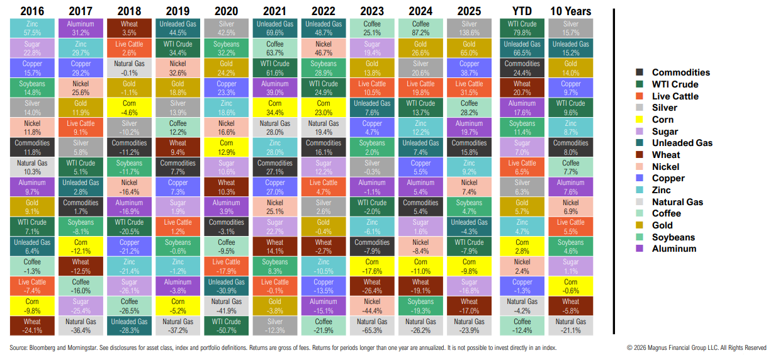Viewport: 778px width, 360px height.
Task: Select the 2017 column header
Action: click(x=81, y=11)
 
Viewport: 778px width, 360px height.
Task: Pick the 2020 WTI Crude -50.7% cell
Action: click(x=226, y=325)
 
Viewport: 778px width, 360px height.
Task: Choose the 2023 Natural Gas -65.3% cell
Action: click(x=372, y=325)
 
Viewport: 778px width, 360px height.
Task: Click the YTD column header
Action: click(x=522, y=11)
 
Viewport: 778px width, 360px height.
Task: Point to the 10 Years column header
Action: click(x=570, y=11)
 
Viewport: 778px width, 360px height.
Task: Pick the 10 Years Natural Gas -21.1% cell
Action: click(x=570, y=325)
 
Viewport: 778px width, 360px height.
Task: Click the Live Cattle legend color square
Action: click(x=640, y=96)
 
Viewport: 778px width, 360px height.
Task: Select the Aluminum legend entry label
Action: click(x=674, y=249)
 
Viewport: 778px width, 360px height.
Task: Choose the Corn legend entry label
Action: click(x=663, y=120)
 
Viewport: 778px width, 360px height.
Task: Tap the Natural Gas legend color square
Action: click(x=640, y=202)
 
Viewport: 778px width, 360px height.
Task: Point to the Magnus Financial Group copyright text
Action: click(x=696, y=347)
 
